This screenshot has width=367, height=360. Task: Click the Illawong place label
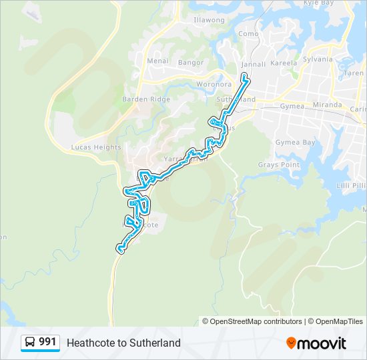point(209,21)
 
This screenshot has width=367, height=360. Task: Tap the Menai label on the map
point(157,61)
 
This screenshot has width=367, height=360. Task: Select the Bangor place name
point(190,63)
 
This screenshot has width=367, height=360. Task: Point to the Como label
point(248,33)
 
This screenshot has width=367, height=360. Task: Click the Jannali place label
point(254,65)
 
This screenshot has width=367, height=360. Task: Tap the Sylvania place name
point(318,59)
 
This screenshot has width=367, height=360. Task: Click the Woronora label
point(213,85)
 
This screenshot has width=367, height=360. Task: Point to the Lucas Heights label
point(96,147)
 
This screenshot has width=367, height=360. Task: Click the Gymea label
point(292,106)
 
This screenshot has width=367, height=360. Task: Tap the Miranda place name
point(327,105)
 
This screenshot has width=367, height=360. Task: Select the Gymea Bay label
point(295,143)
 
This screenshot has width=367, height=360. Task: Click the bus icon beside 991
point(29,343)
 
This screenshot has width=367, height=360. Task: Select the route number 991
point(47,342)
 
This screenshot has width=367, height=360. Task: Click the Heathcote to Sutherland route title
point(123,343)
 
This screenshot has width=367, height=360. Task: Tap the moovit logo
point(316,343)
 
